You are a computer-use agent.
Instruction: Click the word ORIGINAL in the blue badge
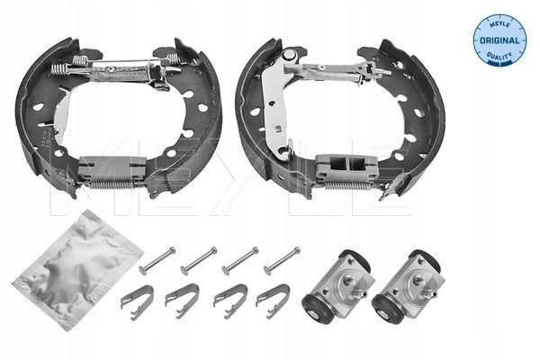(x=499, y=40)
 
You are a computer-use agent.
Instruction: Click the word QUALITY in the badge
(x=499, y=56)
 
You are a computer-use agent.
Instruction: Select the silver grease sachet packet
(x=77, y=269)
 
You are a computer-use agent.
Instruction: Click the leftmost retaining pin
(x=157, y=261)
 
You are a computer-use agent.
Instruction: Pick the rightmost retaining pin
(x=282, y=261)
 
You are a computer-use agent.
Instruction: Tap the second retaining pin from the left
(x=199, y=261)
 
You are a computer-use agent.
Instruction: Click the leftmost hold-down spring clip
(x=138, y=301)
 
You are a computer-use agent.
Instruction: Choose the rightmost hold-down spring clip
(x=273, y=301)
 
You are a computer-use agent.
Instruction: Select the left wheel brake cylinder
(x=338, y=287)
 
